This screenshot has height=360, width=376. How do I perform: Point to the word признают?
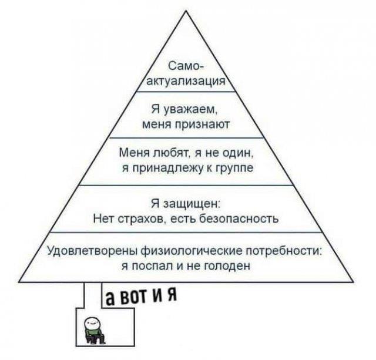click(206, 124)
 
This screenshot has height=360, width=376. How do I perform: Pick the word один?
click(239, 153)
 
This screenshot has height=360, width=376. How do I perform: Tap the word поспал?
click(150, 265)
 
